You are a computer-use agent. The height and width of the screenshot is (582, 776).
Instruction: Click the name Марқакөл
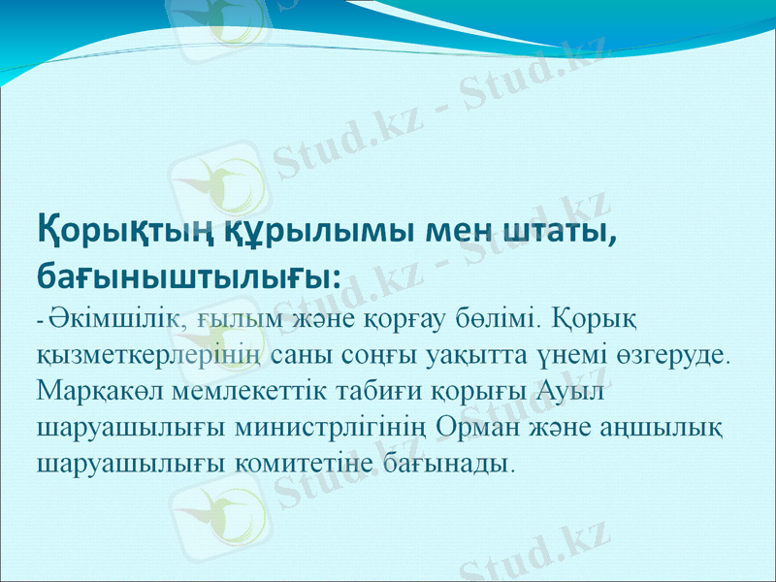tap(104, 389)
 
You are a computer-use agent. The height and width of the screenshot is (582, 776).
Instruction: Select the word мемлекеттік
tap(258, 389)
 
